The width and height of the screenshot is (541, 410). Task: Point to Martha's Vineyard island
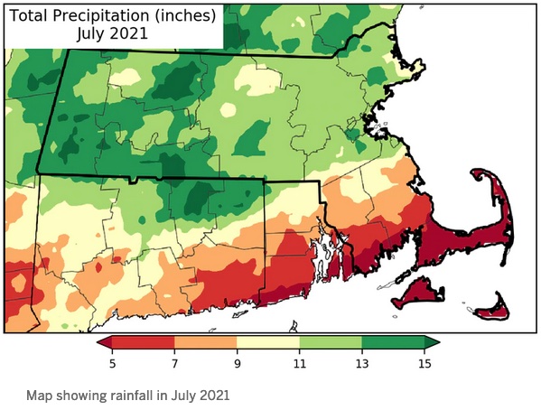click(x=418, y=291)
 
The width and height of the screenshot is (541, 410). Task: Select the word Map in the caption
click(x=38, y=396)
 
